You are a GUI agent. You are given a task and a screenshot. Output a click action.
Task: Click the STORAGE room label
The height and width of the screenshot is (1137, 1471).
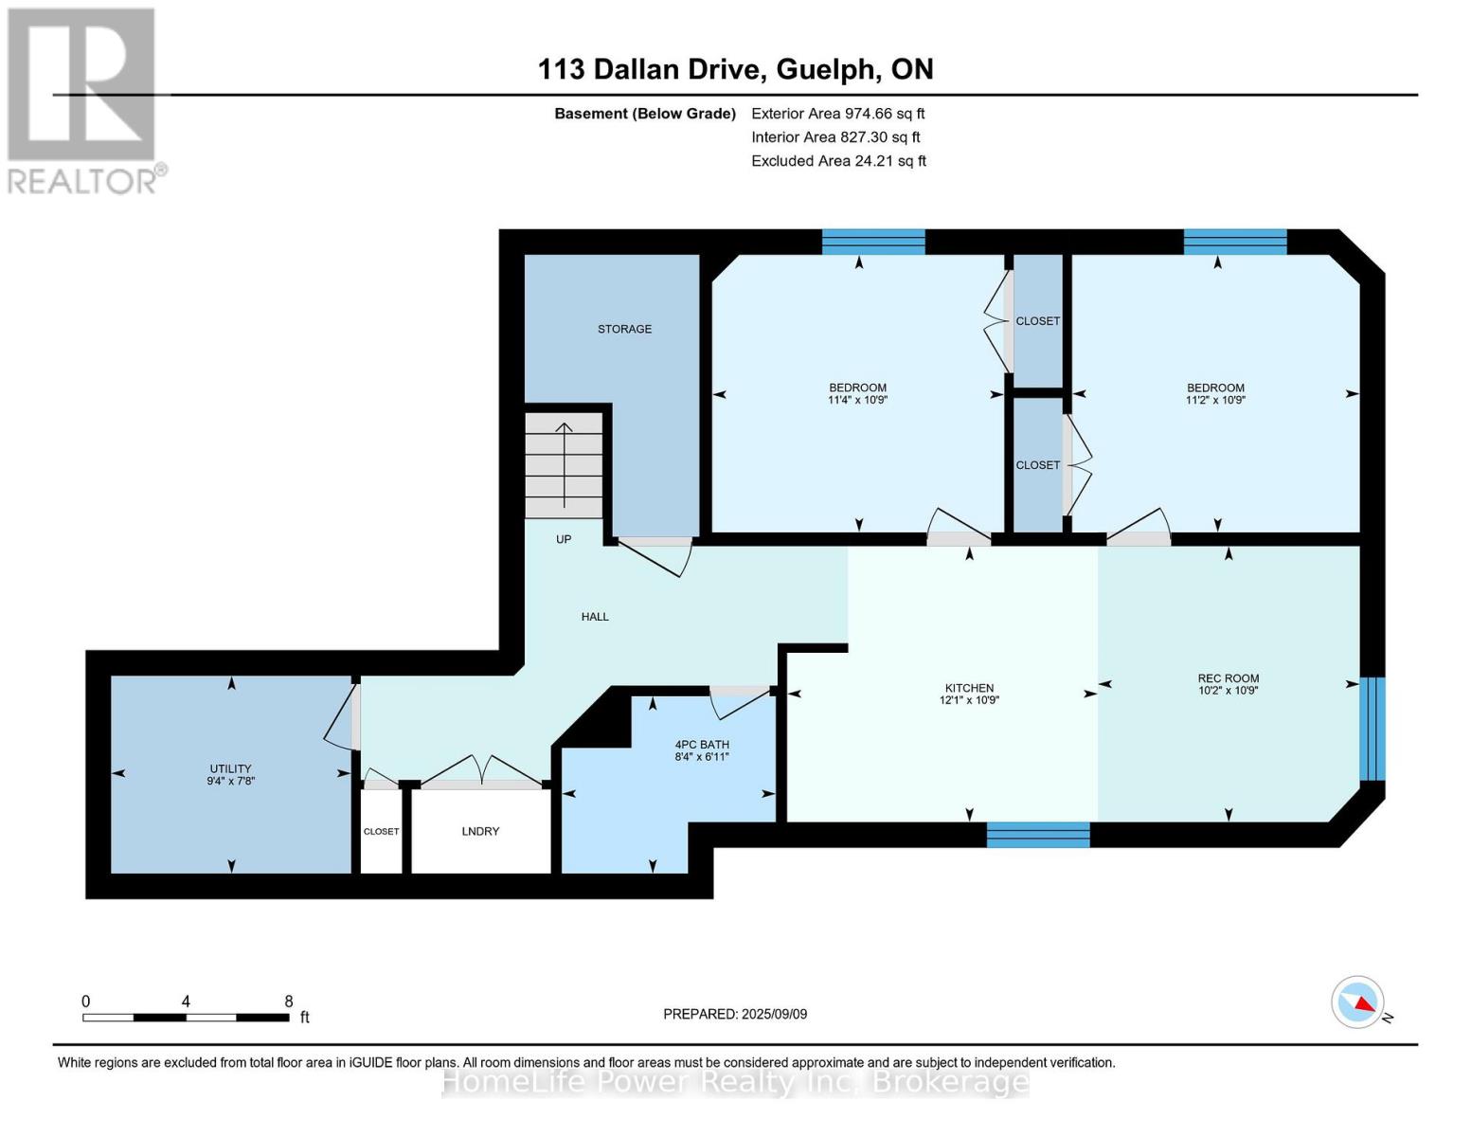point(624,329)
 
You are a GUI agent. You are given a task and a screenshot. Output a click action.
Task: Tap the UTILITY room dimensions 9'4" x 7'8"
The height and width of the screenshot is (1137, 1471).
point(231,782)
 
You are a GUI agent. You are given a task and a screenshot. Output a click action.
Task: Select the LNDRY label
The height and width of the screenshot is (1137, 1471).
point(480,831)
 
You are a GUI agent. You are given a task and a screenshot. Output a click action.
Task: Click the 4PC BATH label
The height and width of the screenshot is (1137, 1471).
point(702,745)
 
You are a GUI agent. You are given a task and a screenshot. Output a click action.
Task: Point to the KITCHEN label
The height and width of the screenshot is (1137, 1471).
point(969,688)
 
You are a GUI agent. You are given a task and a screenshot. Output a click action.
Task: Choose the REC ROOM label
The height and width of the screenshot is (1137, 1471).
point(1228,678)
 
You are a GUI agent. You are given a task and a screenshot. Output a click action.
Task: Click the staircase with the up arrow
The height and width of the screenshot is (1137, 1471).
point(565,464)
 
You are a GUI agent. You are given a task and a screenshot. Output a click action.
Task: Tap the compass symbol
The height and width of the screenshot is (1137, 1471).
point(1358,1002)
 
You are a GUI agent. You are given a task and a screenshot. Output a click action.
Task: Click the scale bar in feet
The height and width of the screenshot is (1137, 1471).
point(186,1017)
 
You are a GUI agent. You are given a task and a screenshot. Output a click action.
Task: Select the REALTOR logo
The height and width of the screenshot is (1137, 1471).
point(83,99)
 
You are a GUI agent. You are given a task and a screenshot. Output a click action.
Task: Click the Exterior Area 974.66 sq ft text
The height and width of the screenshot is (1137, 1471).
point(837,114)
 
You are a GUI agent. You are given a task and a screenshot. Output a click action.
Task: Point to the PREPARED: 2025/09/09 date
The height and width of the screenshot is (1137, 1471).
point(735,1014)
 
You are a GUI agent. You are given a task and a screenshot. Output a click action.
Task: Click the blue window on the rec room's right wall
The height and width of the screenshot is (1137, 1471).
point(1372,729)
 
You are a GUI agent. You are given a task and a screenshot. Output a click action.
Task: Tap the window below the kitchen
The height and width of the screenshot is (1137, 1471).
point(1038,835)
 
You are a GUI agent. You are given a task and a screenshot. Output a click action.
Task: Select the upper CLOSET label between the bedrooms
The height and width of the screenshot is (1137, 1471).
point(1038,321)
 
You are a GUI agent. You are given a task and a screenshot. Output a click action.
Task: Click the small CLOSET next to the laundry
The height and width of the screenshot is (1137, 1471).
point(381,831)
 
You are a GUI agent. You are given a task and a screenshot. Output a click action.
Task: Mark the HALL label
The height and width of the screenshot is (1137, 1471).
point(595,617)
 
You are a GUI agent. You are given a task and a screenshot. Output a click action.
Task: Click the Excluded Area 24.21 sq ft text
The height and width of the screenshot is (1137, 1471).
point(838,161)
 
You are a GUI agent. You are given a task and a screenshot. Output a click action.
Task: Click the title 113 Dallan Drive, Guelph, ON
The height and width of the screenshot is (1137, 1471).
point(735,69)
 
